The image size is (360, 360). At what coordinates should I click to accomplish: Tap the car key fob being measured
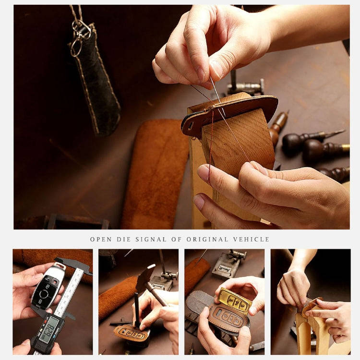click(x=47, y=286)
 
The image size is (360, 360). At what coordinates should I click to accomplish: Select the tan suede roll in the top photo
click(x=154, y=173)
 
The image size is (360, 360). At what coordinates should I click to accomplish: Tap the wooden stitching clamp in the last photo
click(x=312, y=331)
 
